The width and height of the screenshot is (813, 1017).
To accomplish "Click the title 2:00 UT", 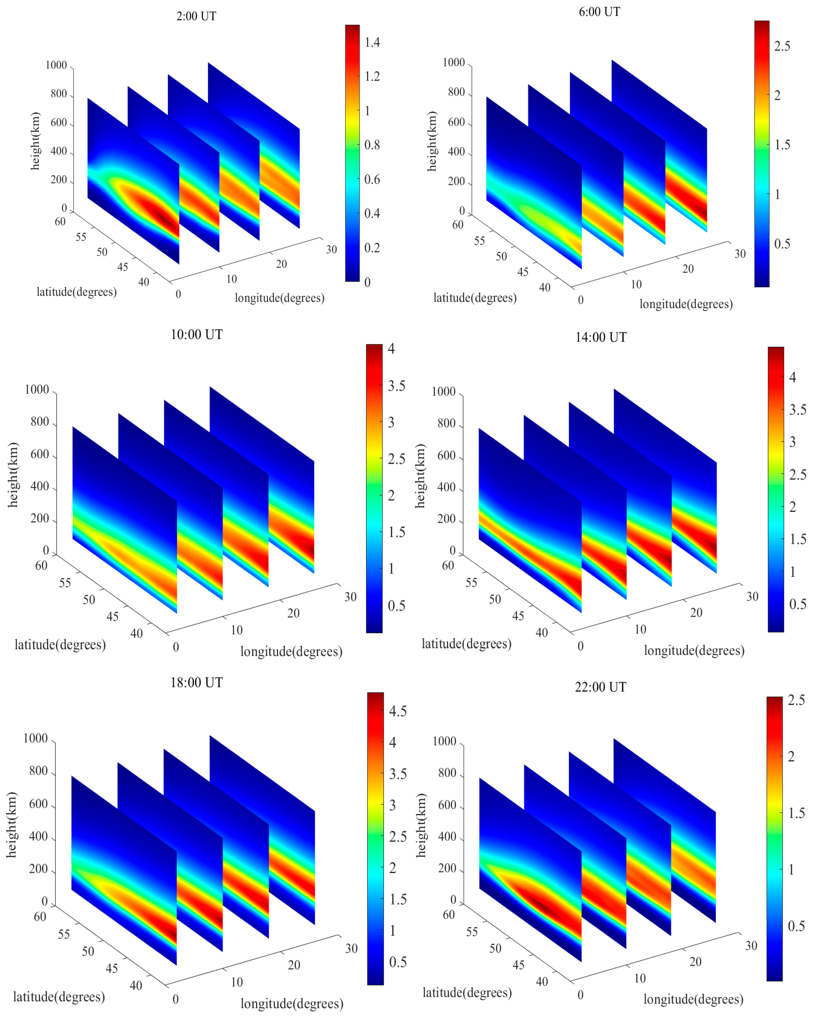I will click(x=196, y=17).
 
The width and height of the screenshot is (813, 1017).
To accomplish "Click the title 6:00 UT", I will click(x=599, y=12).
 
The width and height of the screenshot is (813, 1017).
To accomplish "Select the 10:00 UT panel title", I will click(x=196, y=334).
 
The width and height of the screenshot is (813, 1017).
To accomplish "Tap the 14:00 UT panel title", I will click(x=601, y=337).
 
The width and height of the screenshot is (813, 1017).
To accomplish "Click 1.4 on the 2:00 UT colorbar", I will click(x=372, y=42).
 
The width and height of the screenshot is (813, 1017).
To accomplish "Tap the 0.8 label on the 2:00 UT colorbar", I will click(x=372, y=145).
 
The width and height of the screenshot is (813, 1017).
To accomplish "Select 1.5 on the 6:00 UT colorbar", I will click(x=782, y=145).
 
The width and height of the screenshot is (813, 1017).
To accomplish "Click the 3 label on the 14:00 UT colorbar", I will click(x=792, y=442).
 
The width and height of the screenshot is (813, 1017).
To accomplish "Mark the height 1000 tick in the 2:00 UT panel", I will click(x=56, y=65).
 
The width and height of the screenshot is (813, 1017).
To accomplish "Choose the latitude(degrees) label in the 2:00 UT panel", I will click(x=76, y=292).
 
